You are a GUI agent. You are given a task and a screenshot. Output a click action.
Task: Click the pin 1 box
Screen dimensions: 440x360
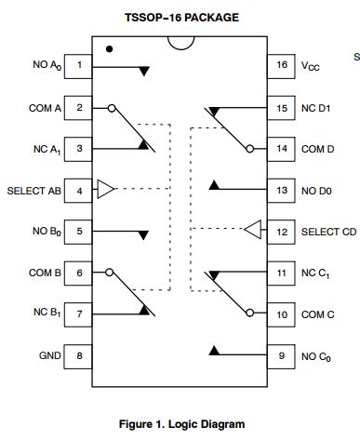(80, 66)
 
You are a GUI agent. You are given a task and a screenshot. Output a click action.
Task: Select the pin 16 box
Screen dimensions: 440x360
(281, 66)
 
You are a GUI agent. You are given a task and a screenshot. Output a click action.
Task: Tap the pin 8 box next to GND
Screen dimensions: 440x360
(80, 355)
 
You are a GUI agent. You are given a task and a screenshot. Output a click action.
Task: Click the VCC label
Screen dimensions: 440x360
(312, 66)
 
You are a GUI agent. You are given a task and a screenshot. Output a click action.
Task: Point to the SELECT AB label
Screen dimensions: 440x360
(33, 190)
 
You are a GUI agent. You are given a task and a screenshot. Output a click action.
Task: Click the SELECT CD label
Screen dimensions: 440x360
(327, 231)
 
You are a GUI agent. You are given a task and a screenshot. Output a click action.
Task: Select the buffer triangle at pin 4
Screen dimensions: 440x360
(106, 190)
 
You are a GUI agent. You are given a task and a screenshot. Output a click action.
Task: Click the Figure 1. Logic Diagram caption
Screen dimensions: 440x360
(181, 424)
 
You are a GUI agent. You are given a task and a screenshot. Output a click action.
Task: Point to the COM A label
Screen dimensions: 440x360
(44, 108)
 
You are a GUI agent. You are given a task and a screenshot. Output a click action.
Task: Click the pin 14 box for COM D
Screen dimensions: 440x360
(281, 149)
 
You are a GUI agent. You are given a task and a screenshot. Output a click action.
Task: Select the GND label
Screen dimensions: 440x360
(49, 355)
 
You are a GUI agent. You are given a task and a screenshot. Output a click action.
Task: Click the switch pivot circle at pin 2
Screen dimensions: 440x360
(111, 108)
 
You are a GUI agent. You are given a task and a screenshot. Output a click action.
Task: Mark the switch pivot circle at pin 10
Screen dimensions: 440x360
(250, 313)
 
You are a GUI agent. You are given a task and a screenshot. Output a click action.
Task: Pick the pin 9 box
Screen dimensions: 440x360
(281, 355)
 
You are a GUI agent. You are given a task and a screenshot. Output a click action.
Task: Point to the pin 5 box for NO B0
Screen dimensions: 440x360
(80, 232)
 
